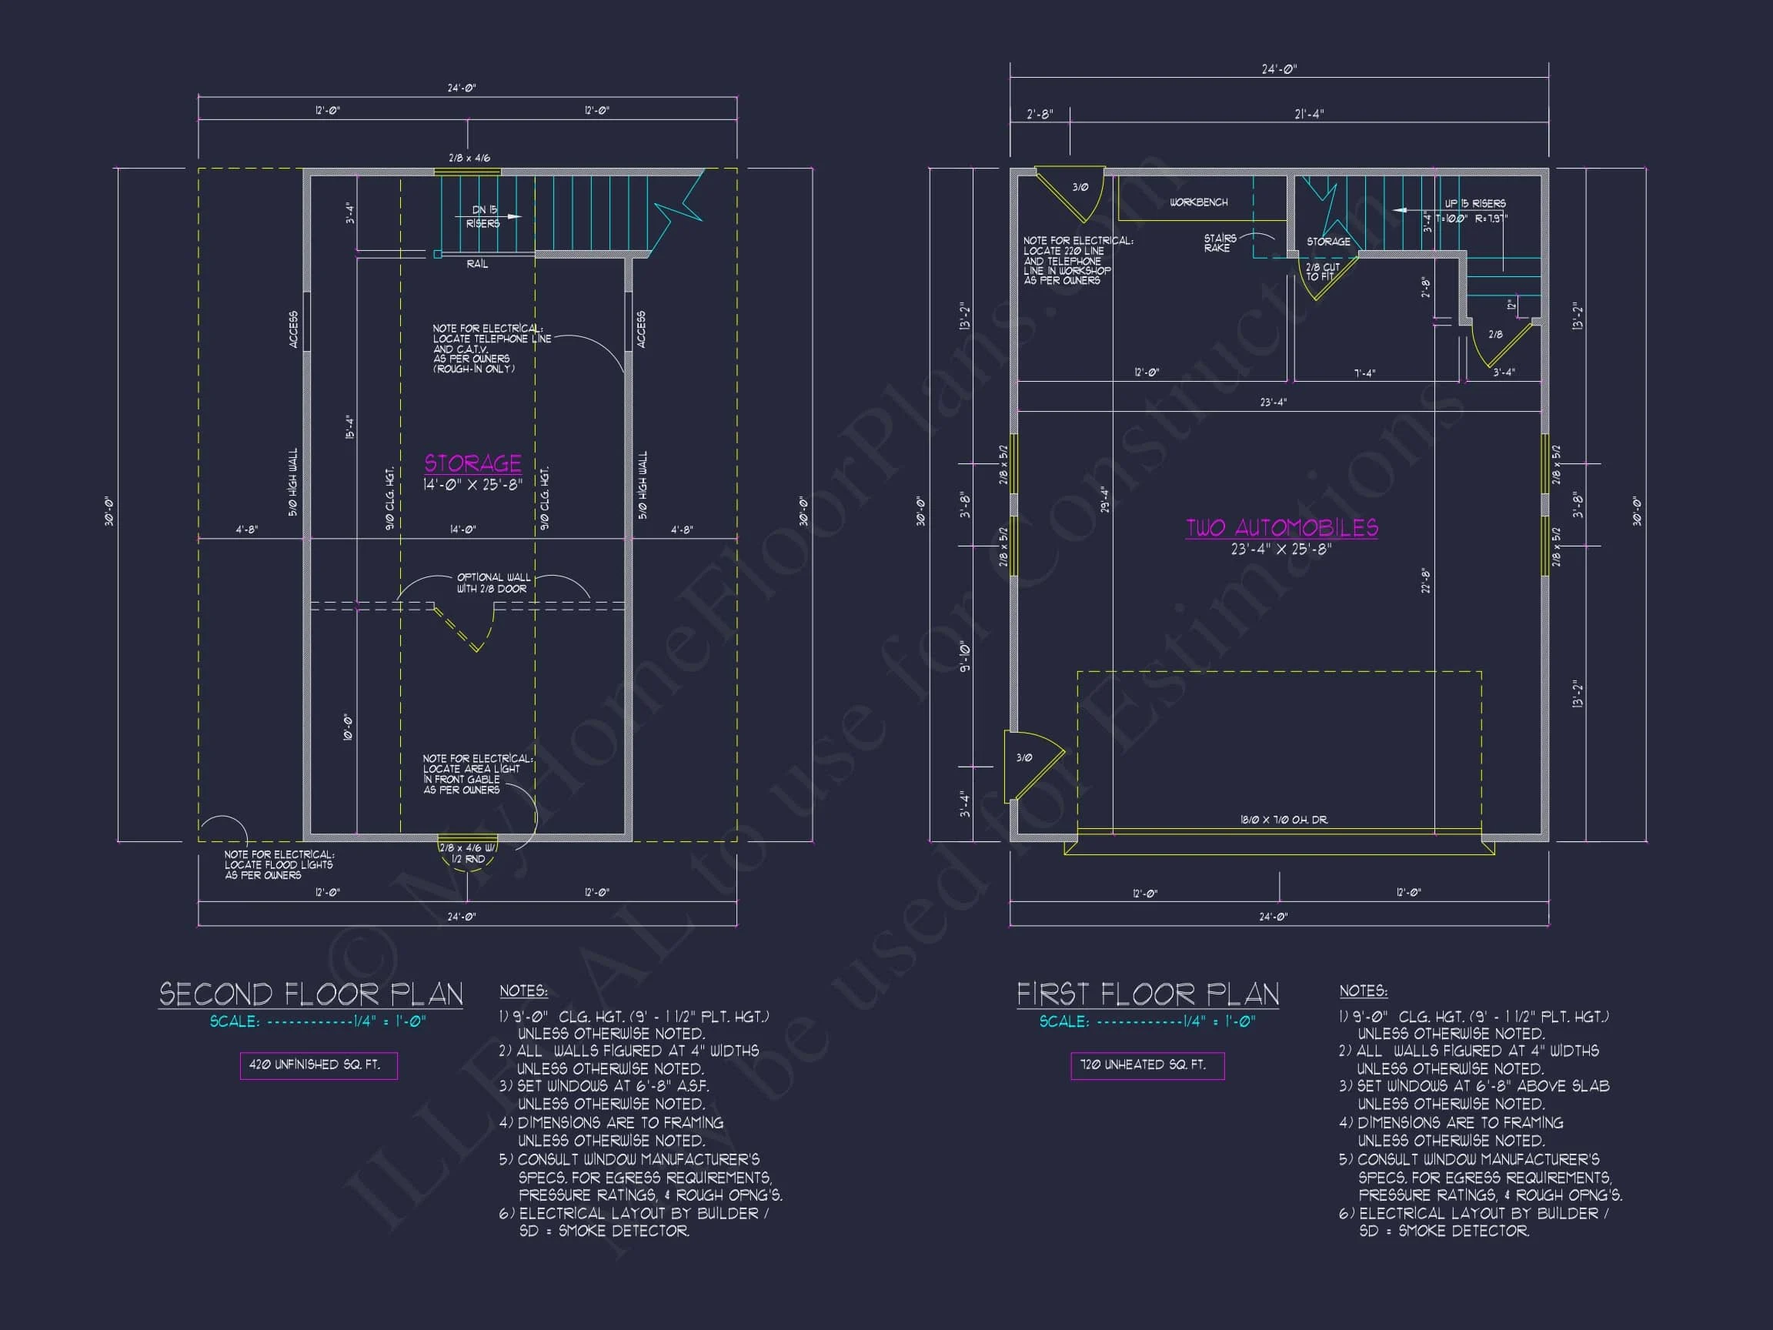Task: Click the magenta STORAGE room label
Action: pyautogui.click(x=473, y=463)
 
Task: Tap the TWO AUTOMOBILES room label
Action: pyautogui.click(x=1282, y=527)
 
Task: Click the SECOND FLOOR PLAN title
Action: pyautogui.click(x=311, y=995)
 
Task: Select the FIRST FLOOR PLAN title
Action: pyautogui.click(x=1148, y=995)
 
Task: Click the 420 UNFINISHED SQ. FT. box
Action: pyautogui.click(x=319, y=1065)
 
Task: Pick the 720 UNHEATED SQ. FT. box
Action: pyautogui.click(x=1147, y=1065)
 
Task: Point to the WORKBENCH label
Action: pyautogui.click(x=1198, y=202)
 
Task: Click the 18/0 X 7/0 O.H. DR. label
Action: pyautogui.click(x=1284, y=820)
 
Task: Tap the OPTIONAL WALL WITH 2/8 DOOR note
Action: pyautogui.click(x=493, y=583)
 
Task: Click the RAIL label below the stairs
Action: pyautogui.click(x=477, y=264)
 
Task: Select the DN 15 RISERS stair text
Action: pyautogui.click(x=484, y=216)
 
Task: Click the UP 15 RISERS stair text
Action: pyautogui.click(x=1475, y=204)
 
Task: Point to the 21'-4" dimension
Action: pyautogui.click(x=1309, y=115)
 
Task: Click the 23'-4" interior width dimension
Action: pyautogui.click(x=1273, y=403)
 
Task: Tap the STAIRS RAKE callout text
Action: pyautogui.click(x=1219, y=243)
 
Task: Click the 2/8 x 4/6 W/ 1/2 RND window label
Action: pyautogui.click(x=468, y=853)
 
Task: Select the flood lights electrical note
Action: pyautogui.click(x=279, y=865)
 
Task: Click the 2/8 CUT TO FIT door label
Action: pyautogui.click(x=1322, y=272)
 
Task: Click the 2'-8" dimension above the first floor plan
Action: pyautogui.click(x=1040, y=115)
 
